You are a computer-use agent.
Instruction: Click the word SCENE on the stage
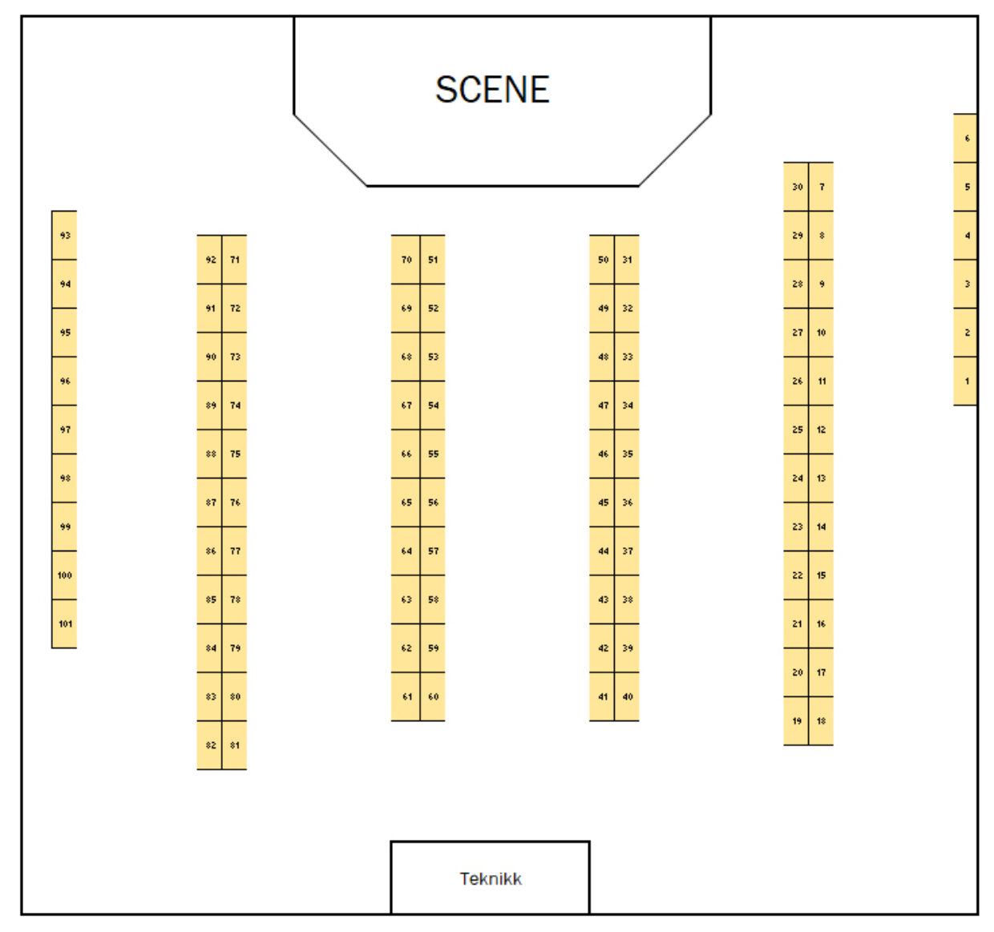[x=492, y=90]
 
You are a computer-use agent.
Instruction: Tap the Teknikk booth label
[x=491, y=879]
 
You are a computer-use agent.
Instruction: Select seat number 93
[x=65, y=236]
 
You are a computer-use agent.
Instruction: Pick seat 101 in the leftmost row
[x=65, y=624]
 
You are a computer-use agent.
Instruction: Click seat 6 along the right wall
[x=967, y=139]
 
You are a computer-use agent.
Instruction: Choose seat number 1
[x=967, y=381]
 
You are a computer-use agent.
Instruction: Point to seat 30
[x=797, y=187]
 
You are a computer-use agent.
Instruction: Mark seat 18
[x=821, y=721]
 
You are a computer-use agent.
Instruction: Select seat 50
[x=603, y=260]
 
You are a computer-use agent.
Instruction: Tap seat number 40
[x=627, y=697]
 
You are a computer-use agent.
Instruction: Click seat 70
[x=406, y=260]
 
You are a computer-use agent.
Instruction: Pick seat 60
[x=433, y=697]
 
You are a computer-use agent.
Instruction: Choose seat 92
[x=210, y=260]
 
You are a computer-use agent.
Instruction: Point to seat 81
[x=235, y=745]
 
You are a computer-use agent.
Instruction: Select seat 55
[x=433, y=454]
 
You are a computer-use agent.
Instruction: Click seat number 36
[x=627, y=502]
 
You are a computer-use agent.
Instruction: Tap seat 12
[x=821, y=430]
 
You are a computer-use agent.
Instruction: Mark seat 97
[x=65, y=430]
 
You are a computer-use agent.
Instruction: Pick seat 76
[x=235, y=502]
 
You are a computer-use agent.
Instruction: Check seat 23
[x=797, y=527]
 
